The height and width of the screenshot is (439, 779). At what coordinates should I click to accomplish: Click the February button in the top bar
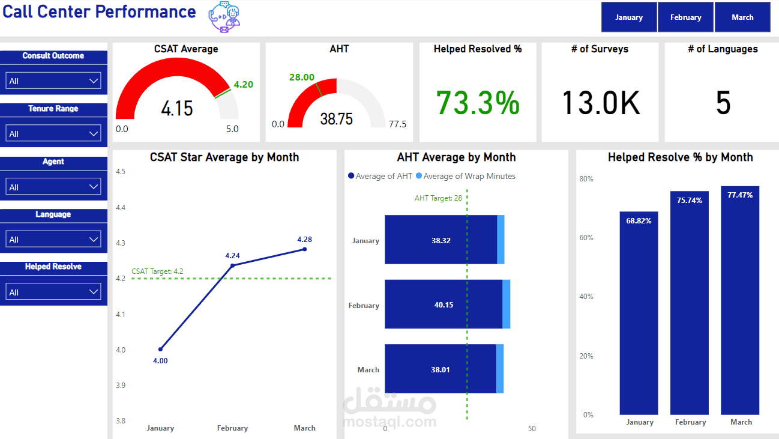[685, 17]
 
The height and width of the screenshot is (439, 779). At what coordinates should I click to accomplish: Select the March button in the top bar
[742, 17]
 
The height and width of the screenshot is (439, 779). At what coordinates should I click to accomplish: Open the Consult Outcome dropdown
[53, 80]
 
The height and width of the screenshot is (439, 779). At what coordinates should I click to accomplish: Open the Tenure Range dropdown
[53, 133]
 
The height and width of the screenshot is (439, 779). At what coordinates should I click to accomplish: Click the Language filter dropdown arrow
[94, 239]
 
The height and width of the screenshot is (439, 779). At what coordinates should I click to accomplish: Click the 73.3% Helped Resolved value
[478, 103]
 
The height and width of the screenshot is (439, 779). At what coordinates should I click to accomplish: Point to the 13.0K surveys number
[601, 103]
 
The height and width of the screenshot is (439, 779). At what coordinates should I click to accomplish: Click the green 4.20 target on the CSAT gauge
[243, 85]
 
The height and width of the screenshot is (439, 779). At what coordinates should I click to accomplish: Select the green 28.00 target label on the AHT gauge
[301, 77]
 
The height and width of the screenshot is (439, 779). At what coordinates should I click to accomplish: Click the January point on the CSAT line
[160, 349]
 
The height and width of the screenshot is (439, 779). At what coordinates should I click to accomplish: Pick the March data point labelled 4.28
[304, 249]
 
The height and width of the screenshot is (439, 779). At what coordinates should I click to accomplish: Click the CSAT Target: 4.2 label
[157, 271]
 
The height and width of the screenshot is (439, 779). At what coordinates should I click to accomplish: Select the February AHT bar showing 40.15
[443, 304]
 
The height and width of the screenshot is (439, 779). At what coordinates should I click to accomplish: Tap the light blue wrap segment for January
[501, 240]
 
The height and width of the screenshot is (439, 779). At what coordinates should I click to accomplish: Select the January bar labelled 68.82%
[639, 312]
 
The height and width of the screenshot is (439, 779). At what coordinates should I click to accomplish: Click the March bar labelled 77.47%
[740, 300]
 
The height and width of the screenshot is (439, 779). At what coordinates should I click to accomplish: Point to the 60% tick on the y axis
[586, 238]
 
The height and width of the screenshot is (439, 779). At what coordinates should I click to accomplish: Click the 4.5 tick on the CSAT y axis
[121, 172]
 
